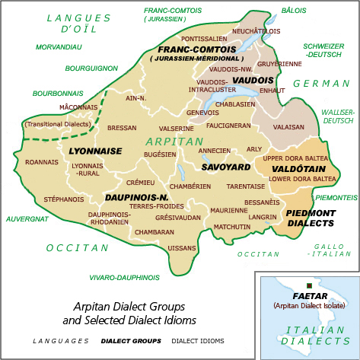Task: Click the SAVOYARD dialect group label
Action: [x=226, y=167]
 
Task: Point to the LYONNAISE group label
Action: [x=95, y=151]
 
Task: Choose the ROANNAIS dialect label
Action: [x=42, y=162]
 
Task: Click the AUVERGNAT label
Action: [x=27, y=218]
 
